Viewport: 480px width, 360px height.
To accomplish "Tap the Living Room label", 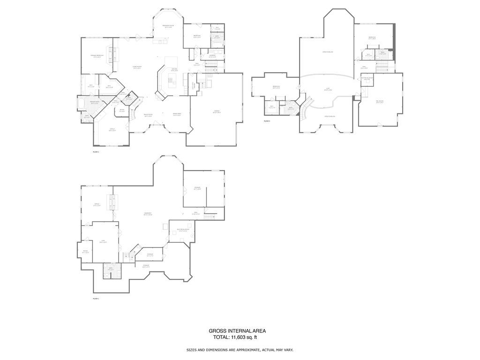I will [x=137, y=67].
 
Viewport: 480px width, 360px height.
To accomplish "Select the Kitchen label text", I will [x=174, y=70].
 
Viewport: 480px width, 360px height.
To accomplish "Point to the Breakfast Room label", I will [x=168, y=26].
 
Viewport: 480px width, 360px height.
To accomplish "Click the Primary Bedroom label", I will [x=97, y=56].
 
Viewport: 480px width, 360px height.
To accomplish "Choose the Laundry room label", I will [x=212, y=56].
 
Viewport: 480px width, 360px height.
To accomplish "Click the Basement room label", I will [x=148, y=214].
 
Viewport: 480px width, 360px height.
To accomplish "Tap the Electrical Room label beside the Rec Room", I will [x=368, y=78].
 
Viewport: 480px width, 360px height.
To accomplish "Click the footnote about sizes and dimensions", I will [x=240, y=350].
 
